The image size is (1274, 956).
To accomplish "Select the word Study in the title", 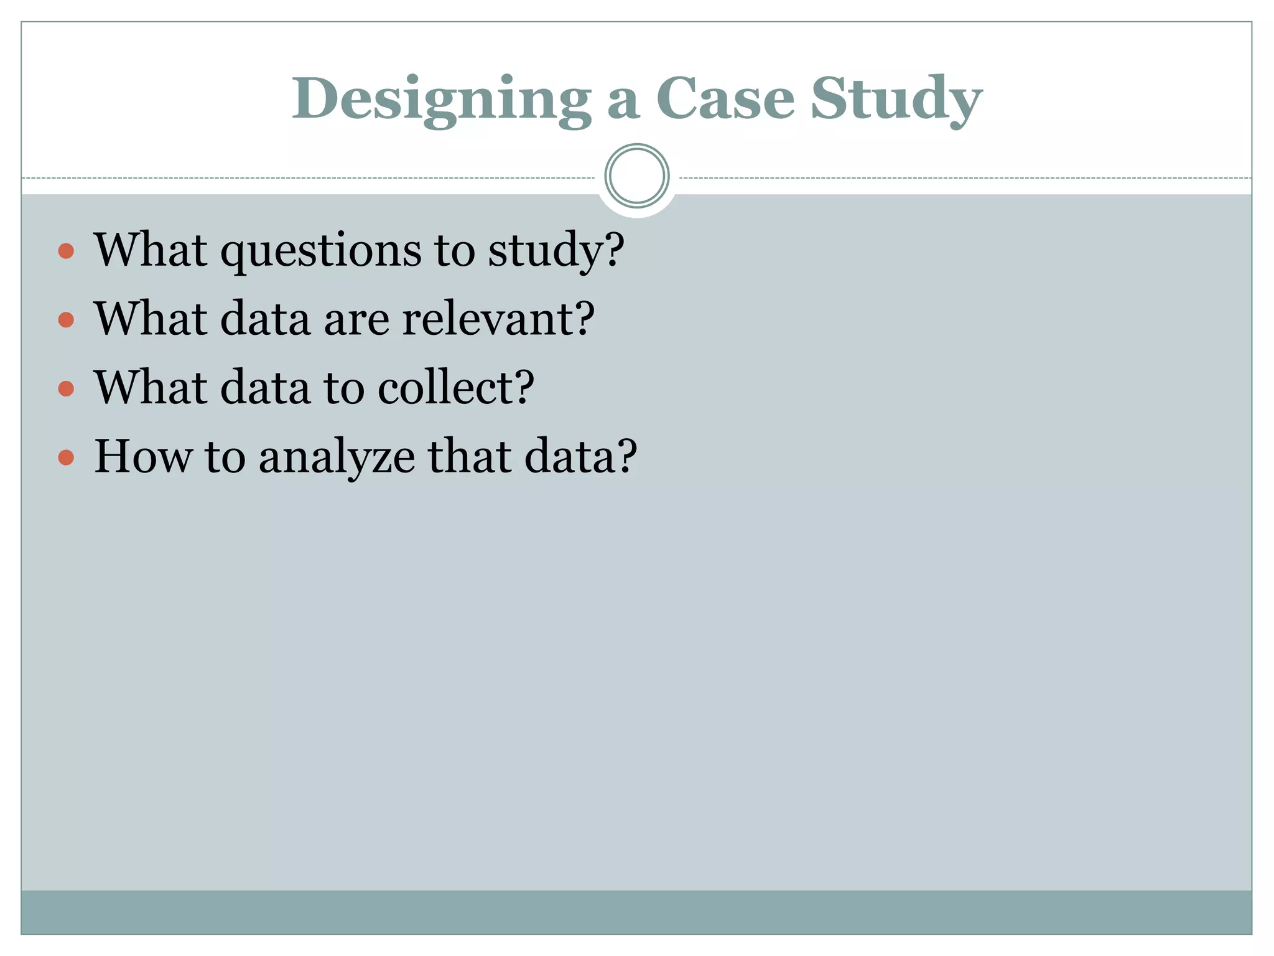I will point(896,100).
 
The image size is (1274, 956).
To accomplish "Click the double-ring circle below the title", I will point(637,176).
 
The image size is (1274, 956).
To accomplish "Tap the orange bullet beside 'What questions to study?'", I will point(66,251).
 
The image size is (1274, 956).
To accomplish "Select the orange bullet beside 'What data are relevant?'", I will point(66,320).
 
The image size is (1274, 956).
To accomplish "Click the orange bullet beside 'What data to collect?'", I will point(66,389).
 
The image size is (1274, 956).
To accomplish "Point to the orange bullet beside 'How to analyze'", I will point(66,458).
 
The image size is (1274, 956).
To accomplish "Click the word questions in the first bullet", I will point(321,250).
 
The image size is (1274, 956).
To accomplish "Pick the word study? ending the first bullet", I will point(556,250).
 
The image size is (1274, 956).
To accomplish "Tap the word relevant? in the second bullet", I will point(498,319).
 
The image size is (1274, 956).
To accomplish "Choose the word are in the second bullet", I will point(356,320).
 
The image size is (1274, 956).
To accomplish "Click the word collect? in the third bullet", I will point(456,387).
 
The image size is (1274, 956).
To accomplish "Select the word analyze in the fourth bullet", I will point(337,457).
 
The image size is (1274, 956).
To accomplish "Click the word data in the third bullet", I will point(265,387).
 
